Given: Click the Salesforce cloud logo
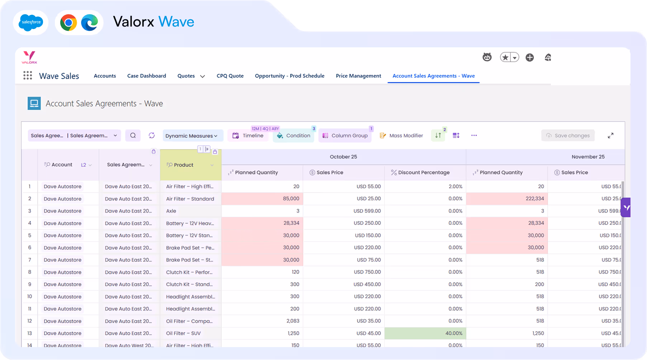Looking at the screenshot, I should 31,22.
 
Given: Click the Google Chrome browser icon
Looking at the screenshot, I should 69,23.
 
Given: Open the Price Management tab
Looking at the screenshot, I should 358,76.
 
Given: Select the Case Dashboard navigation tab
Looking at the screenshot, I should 146,76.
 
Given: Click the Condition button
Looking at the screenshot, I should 293,136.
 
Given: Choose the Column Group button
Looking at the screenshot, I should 345,136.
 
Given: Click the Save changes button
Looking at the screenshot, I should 568,136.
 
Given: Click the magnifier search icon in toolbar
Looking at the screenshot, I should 133,136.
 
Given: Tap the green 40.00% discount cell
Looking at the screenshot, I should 425,333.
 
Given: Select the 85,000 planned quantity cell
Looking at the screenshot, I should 262,199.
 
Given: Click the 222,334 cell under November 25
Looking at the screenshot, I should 506,199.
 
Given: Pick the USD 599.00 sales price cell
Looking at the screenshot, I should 344,211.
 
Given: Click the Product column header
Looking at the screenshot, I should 184,165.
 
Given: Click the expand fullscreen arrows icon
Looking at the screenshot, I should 610,136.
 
